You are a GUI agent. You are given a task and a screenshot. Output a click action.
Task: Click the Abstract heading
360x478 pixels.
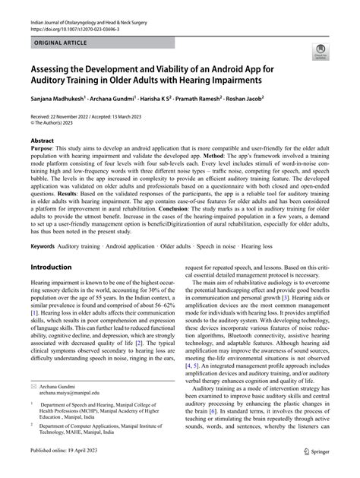pos(42,141)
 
